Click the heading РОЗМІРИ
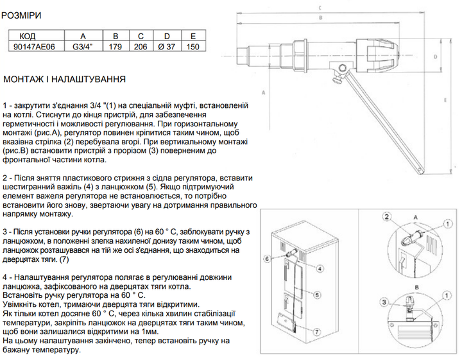[x=21, y=15]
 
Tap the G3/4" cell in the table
[x=83, y=47]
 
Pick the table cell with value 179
[x=116, y=47]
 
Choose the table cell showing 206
[x=141, y=47]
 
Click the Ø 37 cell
[x=167, y=47]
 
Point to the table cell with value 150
[x=193, y=47]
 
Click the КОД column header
[x=28, y=36]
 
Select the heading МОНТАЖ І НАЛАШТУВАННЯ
[x=65, y=79]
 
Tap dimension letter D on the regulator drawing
[x=436, y=56]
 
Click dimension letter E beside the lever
[x=445, y=100]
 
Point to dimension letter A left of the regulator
[x=264, y=93]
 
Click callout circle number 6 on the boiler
[x=267, y=259]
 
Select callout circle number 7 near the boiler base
[x=316, y=332]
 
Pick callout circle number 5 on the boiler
[x=317, y=295]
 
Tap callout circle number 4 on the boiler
[x=320, y=268]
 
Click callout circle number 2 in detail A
[x=387, y=217]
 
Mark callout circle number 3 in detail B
[x=384, y=302]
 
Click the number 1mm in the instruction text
[x=151, y=332]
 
